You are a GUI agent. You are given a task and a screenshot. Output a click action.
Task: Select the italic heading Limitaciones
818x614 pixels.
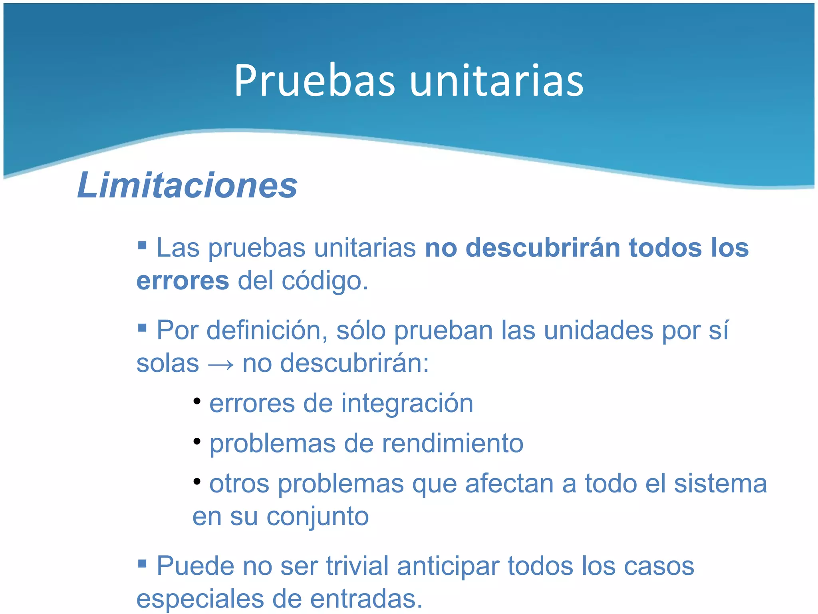[187, 185]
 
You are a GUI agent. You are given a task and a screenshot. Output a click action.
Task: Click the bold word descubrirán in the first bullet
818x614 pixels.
[543, 248]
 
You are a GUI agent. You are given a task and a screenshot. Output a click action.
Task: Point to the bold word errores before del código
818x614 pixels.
[183, 281]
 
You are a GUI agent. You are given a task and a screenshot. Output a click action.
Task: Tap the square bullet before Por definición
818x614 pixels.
[142, 328]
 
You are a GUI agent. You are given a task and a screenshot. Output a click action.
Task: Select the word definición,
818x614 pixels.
[267, 331]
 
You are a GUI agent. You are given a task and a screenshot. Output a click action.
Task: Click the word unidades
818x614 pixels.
[599, 331]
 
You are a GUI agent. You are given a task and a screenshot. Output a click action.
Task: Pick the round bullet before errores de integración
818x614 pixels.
[197, 401]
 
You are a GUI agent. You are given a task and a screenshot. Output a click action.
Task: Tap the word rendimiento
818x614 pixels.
[453, 444]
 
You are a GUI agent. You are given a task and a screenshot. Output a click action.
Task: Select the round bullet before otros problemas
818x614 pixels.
[197, 481]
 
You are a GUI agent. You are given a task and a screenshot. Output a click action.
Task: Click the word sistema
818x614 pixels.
[720, 484]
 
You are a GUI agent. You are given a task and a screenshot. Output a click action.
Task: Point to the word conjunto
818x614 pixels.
[318, 517]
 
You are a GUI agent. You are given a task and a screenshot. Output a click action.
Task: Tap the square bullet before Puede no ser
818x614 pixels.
[142, 564]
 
